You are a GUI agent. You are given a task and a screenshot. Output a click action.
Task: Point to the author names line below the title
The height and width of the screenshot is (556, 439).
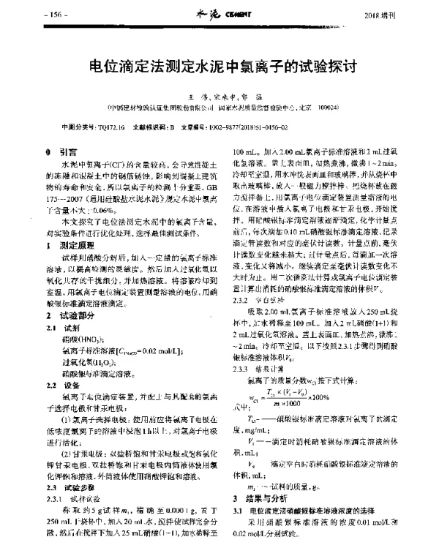[x=219, y=95]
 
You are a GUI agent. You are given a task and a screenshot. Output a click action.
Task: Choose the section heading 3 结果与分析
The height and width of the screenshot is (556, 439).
[x=260, y=495]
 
